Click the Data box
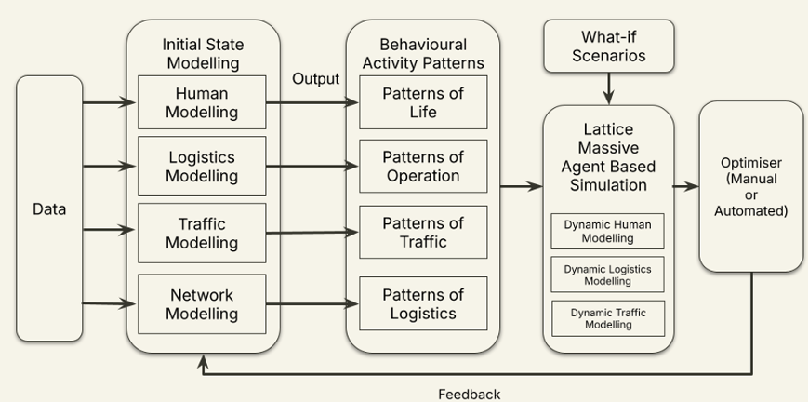click(49, 208)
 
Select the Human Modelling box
click(202, 102)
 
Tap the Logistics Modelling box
click(202, 167)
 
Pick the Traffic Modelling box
click(202, 233)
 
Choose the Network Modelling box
click(202, 303)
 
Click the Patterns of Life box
click(423, 102)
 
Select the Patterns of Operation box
click(423, 167)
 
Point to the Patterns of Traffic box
click(423, 233)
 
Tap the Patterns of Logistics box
click(423, 303)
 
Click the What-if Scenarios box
click(608, 46)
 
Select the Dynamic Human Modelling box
click(608, 231)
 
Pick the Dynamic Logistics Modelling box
click(608, 275)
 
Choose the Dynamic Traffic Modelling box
click(608, 318)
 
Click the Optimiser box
click(750, 186)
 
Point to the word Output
click(316, 78)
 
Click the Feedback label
click(469, 394)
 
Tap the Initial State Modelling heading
click(202, 54)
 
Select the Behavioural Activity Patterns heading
click(423, 54)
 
